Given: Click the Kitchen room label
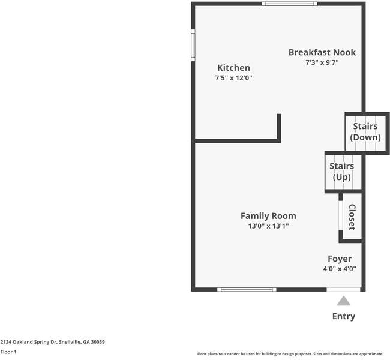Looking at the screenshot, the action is pyautogui.click(x=233, y=68).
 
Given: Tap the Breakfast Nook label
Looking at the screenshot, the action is pyautogui.click(x=322, y=52).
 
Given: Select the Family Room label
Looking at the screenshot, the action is pyautogui.click(x=268, y=216).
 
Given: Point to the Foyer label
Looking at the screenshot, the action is pyautogui.click(x=340, y=259).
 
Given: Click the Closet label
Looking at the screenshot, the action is pyautogui.click(x=352, y=217).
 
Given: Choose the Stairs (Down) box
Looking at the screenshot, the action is pyautogui.click(x=367, y=133).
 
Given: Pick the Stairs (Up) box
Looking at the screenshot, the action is pyautogui.click(x=343, y=172).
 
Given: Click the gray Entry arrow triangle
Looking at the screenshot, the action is pyautogui.click(x=344, y=301).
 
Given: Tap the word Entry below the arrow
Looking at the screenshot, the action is pyautogui.click(x=344, y=316).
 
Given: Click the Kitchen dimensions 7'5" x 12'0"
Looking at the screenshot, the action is pyautogui.click(x=233, y=78).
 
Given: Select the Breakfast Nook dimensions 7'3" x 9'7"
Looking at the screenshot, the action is pyautogui.click(x=322, y=62).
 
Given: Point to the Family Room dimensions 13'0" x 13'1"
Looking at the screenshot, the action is pyautogui.click(x=268, y=226).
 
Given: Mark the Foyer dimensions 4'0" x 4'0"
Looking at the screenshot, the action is pyautogui.click(x=340, y=269).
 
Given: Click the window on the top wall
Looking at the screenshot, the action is pyautogui.click(x=289, y=4).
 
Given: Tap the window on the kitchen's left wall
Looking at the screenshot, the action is pyautogui.click(x=193, y=45).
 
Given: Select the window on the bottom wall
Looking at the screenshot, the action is pyautogui.click(x=247, y=290).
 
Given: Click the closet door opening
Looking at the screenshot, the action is pyautogui.click(x=341, y=215).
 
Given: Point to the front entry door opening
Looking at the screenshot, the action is pyautogui.click(x=343, y=290).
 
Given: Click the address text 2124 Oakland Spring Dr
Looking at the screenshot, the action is pyautogui.click(x=29, y=342).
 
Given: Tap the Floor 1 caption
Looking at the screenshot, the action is pyautogui.click(x=8, y=352).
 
